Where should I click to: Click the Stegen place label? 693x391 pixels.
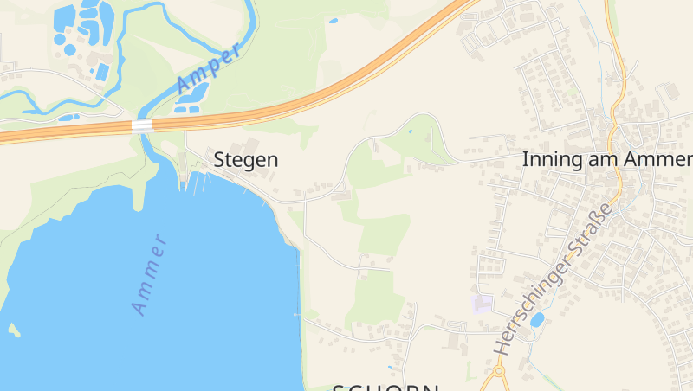pyautogui.click(x=246, y=160)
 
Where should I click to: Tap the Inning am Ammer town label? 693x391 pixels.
pyautogui.click(x=606, y=160)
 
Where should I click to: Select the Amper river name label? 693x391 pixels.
pyautogui.click(x=208, y=68)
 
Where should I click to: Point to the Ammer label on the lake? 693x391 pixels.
pyautogui.click(x=148, y=273)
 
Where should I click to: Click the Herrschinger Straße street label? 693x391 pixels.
pyautogui.click(x=554, y=279)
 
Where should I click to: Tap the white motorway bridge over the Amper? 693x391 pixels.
pyautogui.click(x=141, y=125)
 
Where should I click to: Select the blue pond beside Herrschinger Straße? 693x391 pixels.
pyautogui.click(x=537, y=319)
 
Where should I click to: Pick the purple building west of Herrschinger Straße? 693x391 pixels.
pyautogui.click(x=482, y=304)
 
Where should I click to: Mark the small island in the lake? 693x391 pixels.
pyautogui.click(x=13, y=329)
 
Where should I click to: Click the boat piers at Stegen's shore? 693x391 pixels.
pyautogui.click(x=198, y=182)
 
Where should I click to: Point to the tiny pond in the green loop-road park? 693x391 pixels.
pyautogui.click(x=409, y=131)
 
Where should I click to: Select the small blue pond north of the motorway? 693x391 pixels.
pyautogui.click(x=333, y=20)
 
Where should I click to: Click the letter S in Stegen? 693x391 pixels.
pyautogui.click(x=220, y=160)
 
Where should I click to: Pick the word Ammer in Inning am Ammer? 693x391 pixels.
pyautogui.click(x=665, y=160)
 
